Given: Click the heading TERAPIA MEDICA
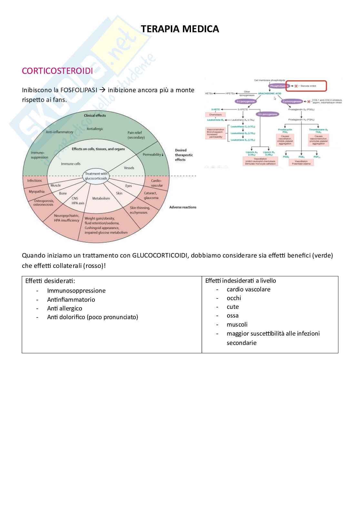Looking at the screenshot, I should coord(180,29).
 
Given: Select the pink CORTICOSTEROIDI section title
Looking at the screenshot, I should coord(57,71).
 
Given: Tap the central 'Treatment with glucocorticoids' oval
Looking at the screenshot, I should coord(96,176).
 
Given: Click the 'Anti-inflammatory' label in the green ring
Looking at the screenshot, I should coord(59,132).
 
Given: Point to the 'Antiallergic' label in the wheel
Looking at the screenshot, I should coord(95,129).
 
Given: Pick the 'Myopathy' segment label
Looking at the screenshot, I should coord(36,191).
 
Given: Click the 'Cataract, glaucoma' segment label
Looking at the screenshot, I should coord(151,195).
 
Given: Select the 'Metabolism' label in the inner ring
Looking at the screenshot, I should coord(101,198).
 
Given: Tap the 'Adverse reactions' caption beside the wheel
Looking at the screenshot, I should coord(183,207).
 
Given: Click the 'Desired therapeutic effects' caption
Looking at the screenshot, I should coord(184,155).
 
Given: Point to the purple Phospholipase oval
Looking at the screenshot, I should coord(279,86).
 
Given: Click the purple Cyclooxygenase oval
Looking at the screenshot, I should coord(292,102).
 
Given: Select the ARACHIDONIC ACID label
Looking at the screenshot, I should coord(269,93).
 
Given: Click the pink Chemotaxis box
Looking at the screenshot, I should coord(215,114).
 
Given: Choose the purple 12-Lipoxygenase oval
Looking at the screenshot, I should coord(267,114).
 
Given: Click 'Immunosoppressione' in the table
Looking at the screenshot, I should coord(76,290).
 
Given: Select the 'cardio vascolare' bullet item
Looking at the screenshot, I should coord(248,289).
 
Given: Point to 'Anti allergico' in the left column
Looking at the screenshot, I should coord(65,308).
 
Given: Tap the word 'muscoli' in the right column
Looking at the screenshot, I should coord(237,324).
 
